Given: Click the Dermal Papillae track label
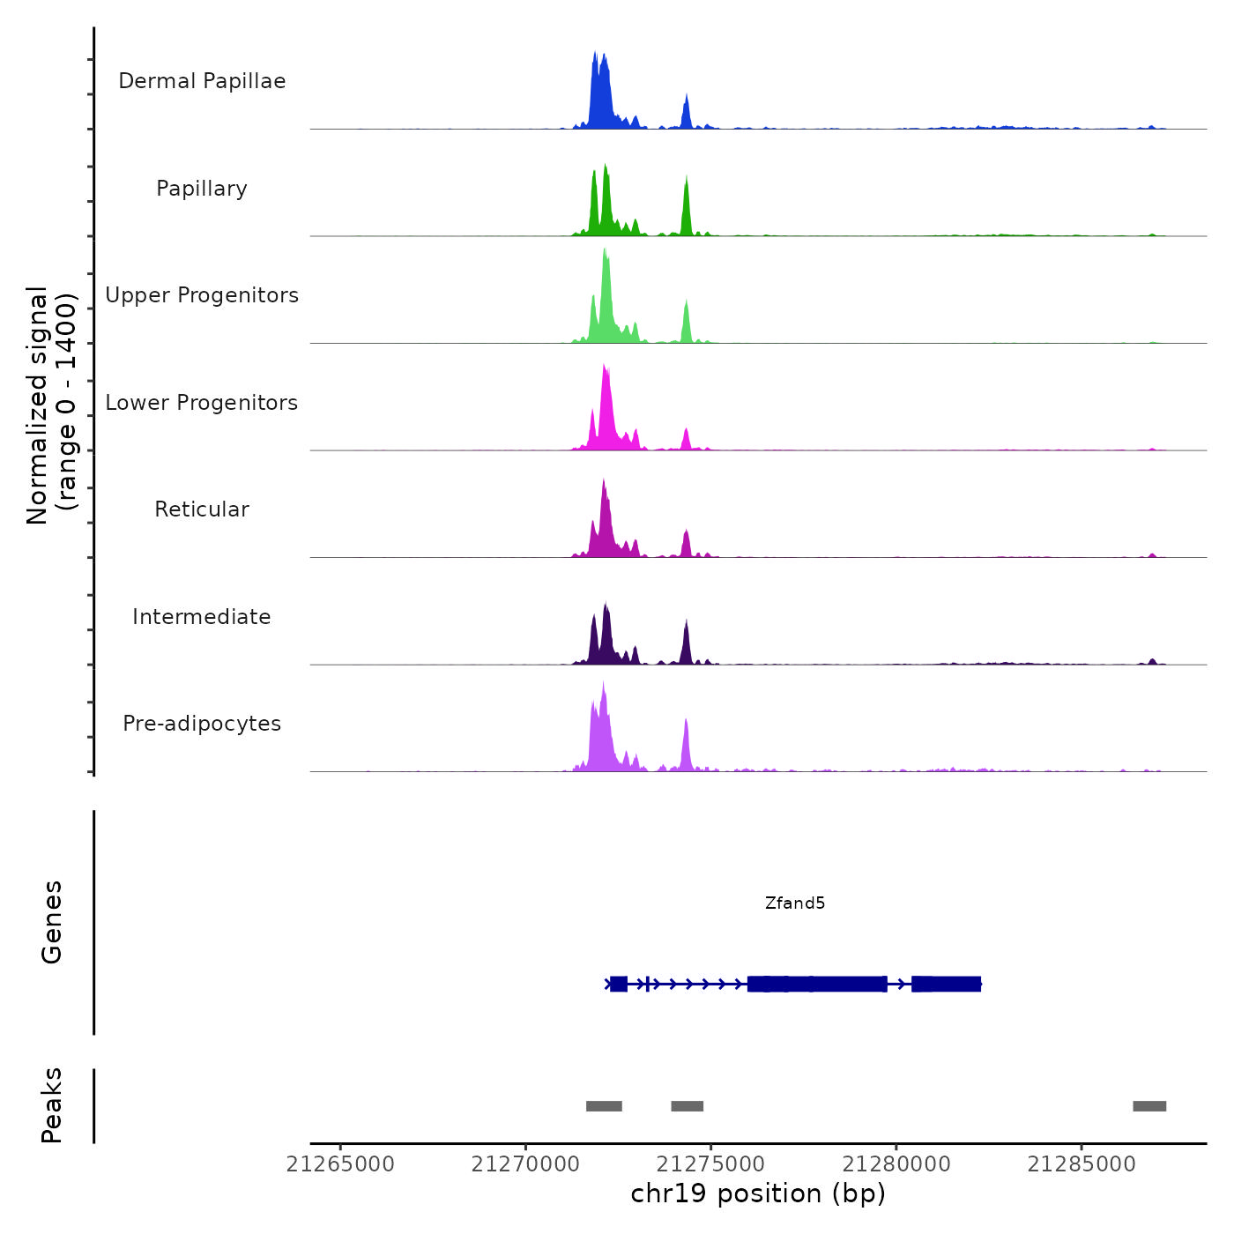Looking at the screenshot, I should (x=202, y=81).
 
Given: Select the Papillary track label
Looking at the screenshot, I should (x=202, y=189).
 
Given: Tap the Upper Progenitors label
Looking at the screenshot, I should (x=202, y=295).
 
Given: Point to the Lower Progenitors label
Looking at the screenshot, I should (x=202, y=403).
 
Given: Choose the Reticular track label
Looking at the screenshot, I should (x=202, y=509).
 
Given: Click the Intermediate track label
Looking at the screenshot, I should (x=202, y=617).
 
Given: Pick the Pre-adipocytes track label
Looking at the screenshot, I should (x=202, y=724).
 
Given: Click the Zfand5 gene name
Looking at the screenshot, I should (x=795, y=903).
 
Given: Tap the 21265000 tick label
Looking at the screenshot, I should (x=340, y=1164).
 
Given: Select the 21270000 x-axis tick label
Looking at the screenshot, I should (x=525, y=1164).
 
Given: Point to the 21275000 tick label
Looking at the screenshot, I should (x=711, y=1164).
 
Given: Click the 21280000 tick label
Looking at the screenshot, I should (x=896, y=1164).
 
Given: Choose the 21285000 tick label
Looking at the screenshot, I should (x=1082, y=1164).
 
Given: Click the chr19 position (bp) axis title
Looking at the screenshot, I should (x=758, y=1193).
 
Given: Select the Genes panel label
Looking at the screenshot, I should (x=51, y=922).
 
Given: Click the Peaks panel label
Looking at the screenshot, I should (x=51, y=1105).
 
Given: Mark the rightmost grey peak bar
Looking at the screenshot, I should (x=1149, y=1106).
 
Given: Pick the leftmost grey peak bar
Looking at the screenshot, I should (x=604, y=1106).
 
